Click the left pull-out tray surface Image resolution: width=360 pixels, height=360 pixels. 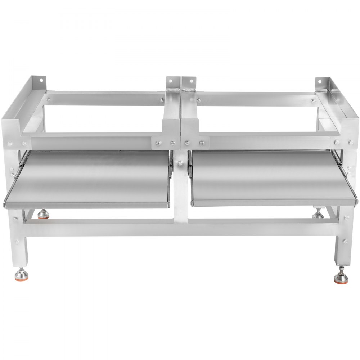pos(90,180)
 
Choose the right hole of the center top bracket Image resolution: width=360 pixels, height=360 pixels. pos(190,82)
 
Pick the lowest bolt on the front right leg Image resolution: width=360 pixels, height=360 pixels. pos(345,242)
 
